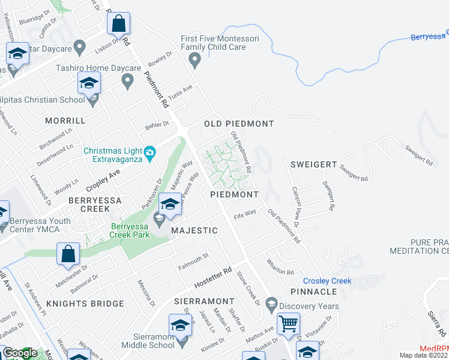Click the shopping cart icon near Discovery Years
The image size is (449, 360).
click(x=289, y=324)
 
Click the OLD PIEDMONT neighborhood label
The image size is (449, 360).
click(x=239, y=124)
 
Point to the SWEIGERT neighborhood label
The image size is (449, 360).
click(x=312, y=164)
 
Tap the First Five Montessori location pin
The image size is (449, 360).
click(x=194, y=60)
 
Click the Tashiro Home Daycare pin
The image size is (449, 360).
click(x=127, y=80)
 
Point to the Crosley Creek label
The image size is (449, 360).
click(x=327, y=281)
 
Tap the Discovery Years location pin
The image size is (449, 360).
click(x=271, y=304)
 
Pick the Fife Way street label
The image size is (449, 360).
click(x=245, y=213)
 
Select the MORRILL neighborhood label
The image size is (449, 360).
click(x=66, y=121)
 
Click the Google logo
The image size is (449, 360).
click(x=20, y=353)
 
